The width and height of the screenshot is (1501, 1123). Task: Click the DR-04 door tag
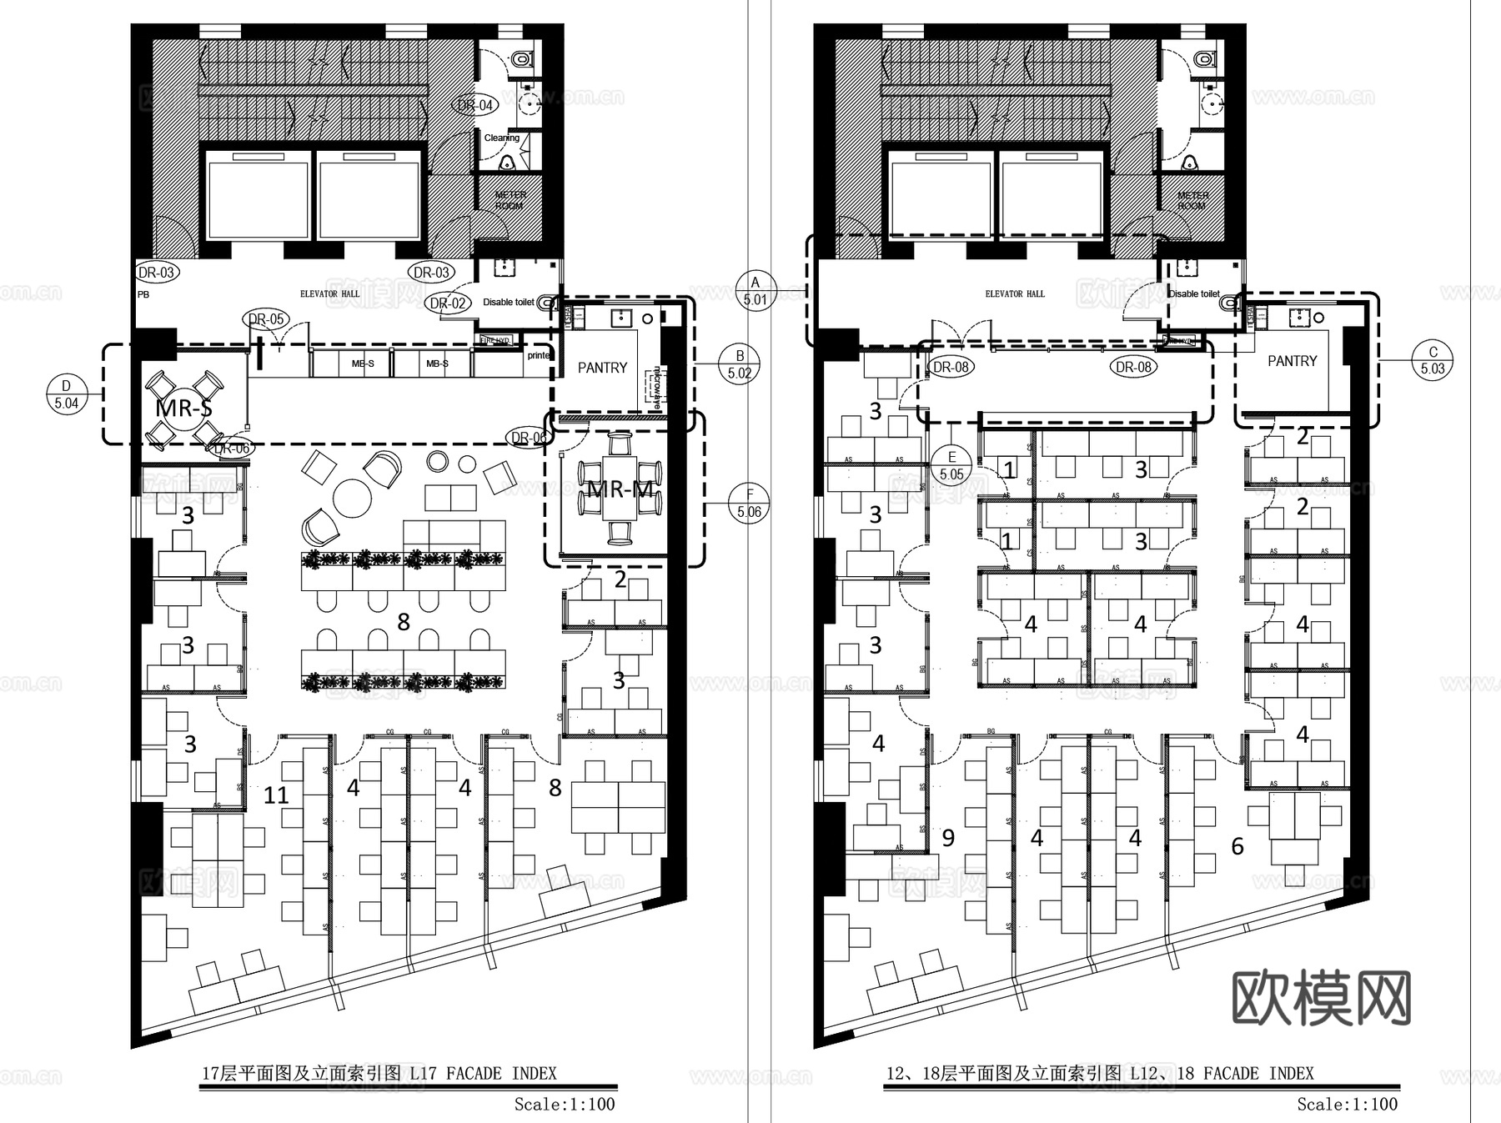475,105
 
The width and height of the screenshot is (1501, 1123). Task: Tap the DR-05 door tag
266,319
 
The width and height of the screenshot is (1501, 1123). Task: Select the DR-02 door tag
448,303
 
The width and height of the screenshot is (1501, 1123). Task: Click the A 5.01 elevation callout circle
756,291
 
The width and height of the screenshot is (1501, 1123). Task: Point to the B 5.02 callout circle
740,364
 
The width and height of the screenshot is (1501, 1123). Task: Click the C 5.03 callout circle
1433,360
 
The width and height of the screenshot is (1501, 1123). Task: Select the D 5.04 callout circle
67,394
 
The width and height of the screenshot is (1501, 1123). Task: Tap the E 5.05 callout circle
951,465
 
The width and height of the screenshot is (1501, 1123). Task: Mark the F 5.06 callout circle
749,503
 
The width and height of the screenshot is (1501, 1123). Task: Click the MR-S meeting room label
183,409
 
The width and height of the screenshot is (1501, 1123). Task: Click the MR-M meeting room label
620,489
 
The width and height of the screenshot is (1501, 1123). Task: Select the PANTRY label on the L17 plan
602,368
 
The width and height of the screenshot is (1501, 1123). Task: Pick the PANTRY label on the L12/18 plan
1292,361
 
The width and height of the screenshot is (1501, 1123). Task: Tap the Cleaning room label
501,138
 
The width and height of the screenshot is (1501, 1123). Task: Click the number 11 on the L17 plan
276,795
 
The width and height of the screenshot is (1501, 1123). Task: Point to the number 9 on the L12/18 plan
948,838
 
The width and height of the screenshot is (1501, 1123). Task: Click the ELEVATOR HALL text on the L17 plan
330,293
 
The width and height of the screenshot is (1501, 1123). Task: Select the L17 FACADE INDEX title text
379,1073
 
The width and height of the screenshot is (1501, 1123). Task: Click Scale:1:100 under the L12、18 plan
1347,1104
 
